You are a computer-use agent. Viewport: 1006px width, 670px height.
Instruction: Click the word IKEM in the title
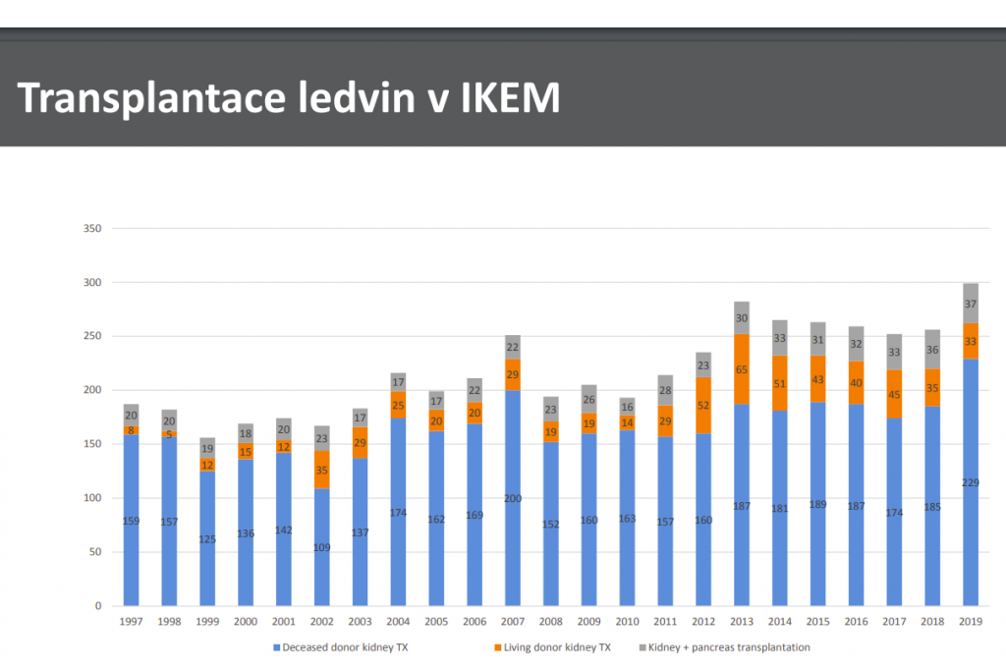click(511, 98)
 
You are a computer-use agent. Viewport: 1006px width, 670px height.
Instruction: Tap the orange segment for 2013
click(742, 368)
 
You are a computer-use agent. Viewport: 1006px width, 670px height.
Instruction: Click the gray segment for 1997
click(131, 415)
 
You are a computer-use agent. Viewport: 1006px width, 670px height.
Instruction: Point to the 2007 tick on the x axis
click(512, 621)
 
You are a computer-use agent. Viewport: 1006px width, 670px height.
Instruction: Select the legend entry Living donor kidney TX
click(553, 647)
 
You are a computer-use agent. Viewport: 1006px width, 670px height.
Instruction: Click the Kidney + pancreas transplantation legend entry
click(727, 647)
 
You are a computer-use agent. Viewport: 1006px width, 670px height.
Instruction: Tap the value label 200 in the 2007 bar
click(512, 498)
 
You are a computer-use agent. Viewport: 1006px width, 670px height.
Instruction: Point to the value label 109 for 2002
click(321, 547)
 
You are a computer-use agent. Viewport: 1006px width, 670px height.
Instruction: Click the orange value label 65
click(742, 369)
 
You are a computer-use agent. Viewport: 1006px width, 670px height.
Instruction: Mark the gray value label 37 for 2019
click(971, 303)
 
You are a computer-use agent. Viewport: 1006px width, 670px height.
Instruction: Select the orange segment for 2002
click(321, 470)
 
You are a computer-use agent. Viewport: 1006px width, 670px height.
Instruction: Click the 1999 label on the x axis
click(207, 621)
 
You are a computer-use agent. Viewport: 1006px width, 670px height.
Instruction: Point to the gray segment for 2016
click(857, 344)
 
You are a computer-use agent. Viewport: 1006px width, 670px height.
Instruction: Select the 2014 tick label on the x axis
click(780, 621)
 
